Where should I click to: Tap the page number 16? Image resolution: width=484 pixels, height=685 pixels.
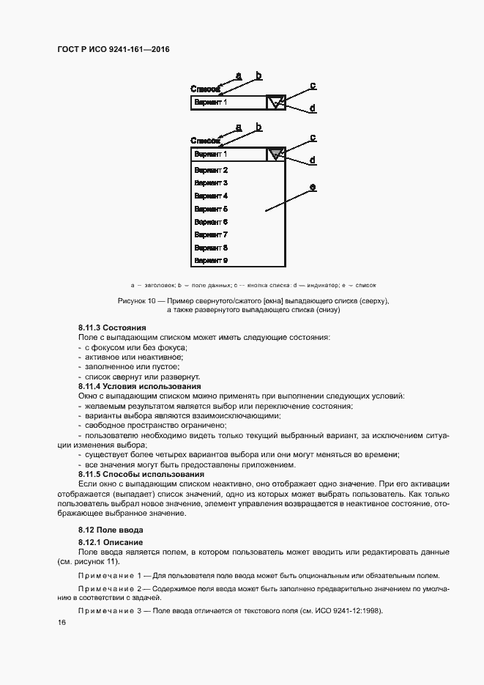pyautogui.click(x=62, y=622)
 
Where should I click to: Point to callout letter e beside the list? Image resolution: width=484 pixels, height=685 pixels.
pyautogui.click(x=313, y=188)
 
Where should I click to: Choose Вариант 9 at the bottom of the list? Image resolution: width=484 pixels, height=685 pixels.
pyautogui.click(x=211, y=260)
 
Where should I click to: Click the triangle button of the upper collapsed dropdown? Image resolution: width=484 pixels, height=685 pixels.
pyautogui.click(x=275, y=103)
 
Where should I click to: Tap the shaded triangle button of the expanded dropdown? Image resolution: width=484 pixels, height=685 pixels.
pyautogui.click(x=275, y=155)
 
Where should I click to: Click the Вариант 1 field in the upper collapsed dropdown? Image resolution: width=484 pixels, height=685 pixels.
pyautogui.click(x=228, y=103)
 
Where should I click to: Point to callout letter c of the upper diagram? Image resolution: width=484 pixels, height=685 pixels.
pyautogui.click(x=313, y=86)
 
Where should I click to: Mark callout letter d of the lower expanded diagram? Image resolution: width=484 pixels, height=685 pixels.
pyautogui.click(x=313, y=160)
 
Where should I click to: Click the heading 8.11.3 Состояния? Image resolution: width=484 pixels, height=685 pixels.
pyautogui.click(x=112, y=327)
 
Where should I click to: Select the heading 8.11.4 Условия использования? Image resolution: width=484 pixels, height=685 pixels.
pyautogui.click(x=139, y=386)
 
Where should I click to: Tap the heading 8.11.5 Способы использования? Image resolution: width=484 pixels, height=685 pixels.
pyautogui.click(x=141, y=475)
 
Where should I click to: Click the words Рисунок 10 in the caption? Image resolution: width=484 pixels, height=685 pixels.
pyautogui.click(x=138, y=301)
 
